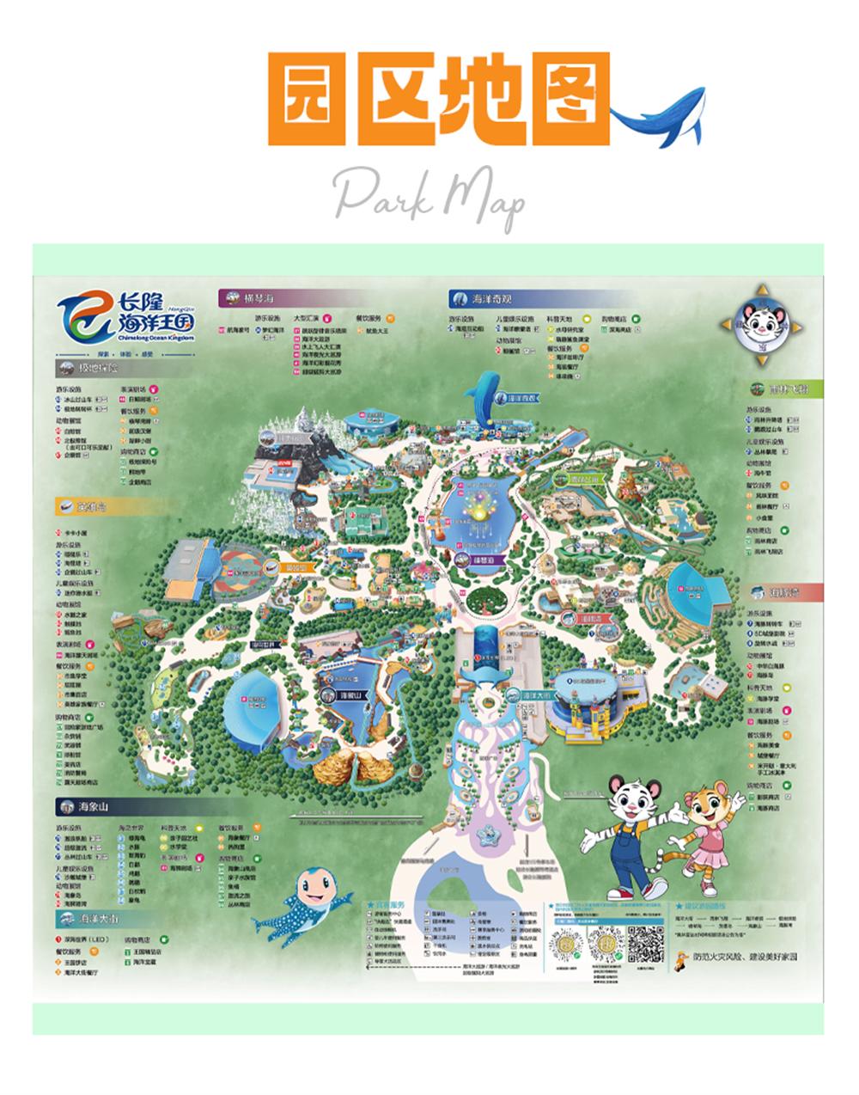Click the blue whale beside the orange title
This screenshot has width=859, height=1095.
point(659,116)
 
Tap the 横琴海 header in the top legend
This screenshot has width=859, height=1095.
point(258,298)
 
